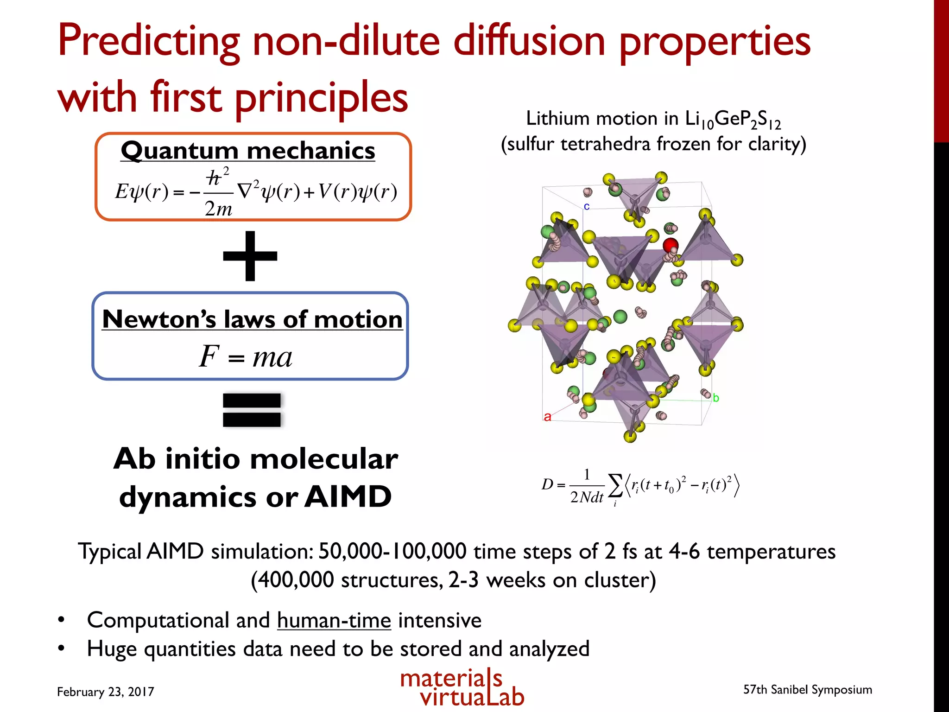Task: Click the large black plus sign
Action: [250, 256]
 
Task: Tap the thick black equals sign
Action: [252, 410]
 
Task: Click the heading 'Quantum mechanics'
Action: [248, 151]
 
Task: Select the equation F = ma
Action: [246, 357]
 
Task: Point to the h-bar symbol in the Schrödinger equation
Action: [214, 178]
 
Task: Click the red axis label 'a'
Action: [547, 417]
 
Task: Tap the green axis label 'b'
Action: [716, 398]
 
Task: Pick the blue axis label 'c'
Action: [587, 206]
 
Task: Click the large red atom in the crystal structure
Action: [671, 245]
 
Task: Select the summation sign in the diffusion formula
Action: [615, 485]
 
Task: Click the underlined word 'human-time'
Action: [334, 620]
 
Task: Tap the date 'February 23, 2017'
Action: [106, 692]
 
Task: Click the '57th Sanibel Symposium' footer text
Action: [808, 689]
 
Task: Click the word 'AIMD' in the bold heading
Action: [348, 497]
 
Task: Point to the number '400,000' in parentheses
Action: [295, 580]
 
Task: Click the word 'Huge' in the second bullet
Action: [112, 649]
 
